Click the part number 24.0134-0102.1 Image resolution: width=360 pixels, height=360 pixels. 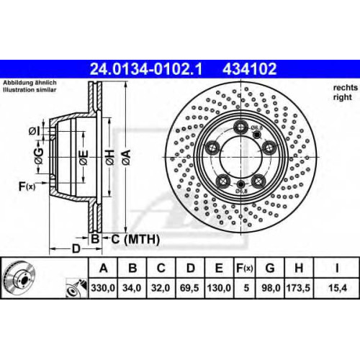(x=146, y=69)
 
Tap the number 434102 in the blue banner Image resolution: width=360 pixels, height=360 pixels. (x=250, y=69)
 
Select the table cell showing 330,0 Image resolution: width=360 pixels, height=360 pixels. (x=103, y=288)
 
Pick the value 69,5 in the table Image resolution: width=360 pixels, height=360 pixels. (x=189, y=288)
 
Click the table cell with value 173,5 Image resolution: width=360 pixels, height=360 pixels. (x=298, y=288)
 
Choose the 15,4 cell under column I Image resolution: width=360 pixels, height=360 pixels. (x=338, y=288)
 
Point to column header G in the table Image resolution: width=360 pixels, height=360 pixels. (x=270, y=268)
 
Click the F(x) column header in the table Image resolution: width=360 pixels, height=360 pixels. (x=244, y=268)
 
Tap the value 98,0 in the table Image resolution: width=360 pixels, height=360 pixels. (x=271, y=288)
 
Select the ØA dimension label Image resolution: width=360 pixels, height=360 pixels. (x=126, y=158)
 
